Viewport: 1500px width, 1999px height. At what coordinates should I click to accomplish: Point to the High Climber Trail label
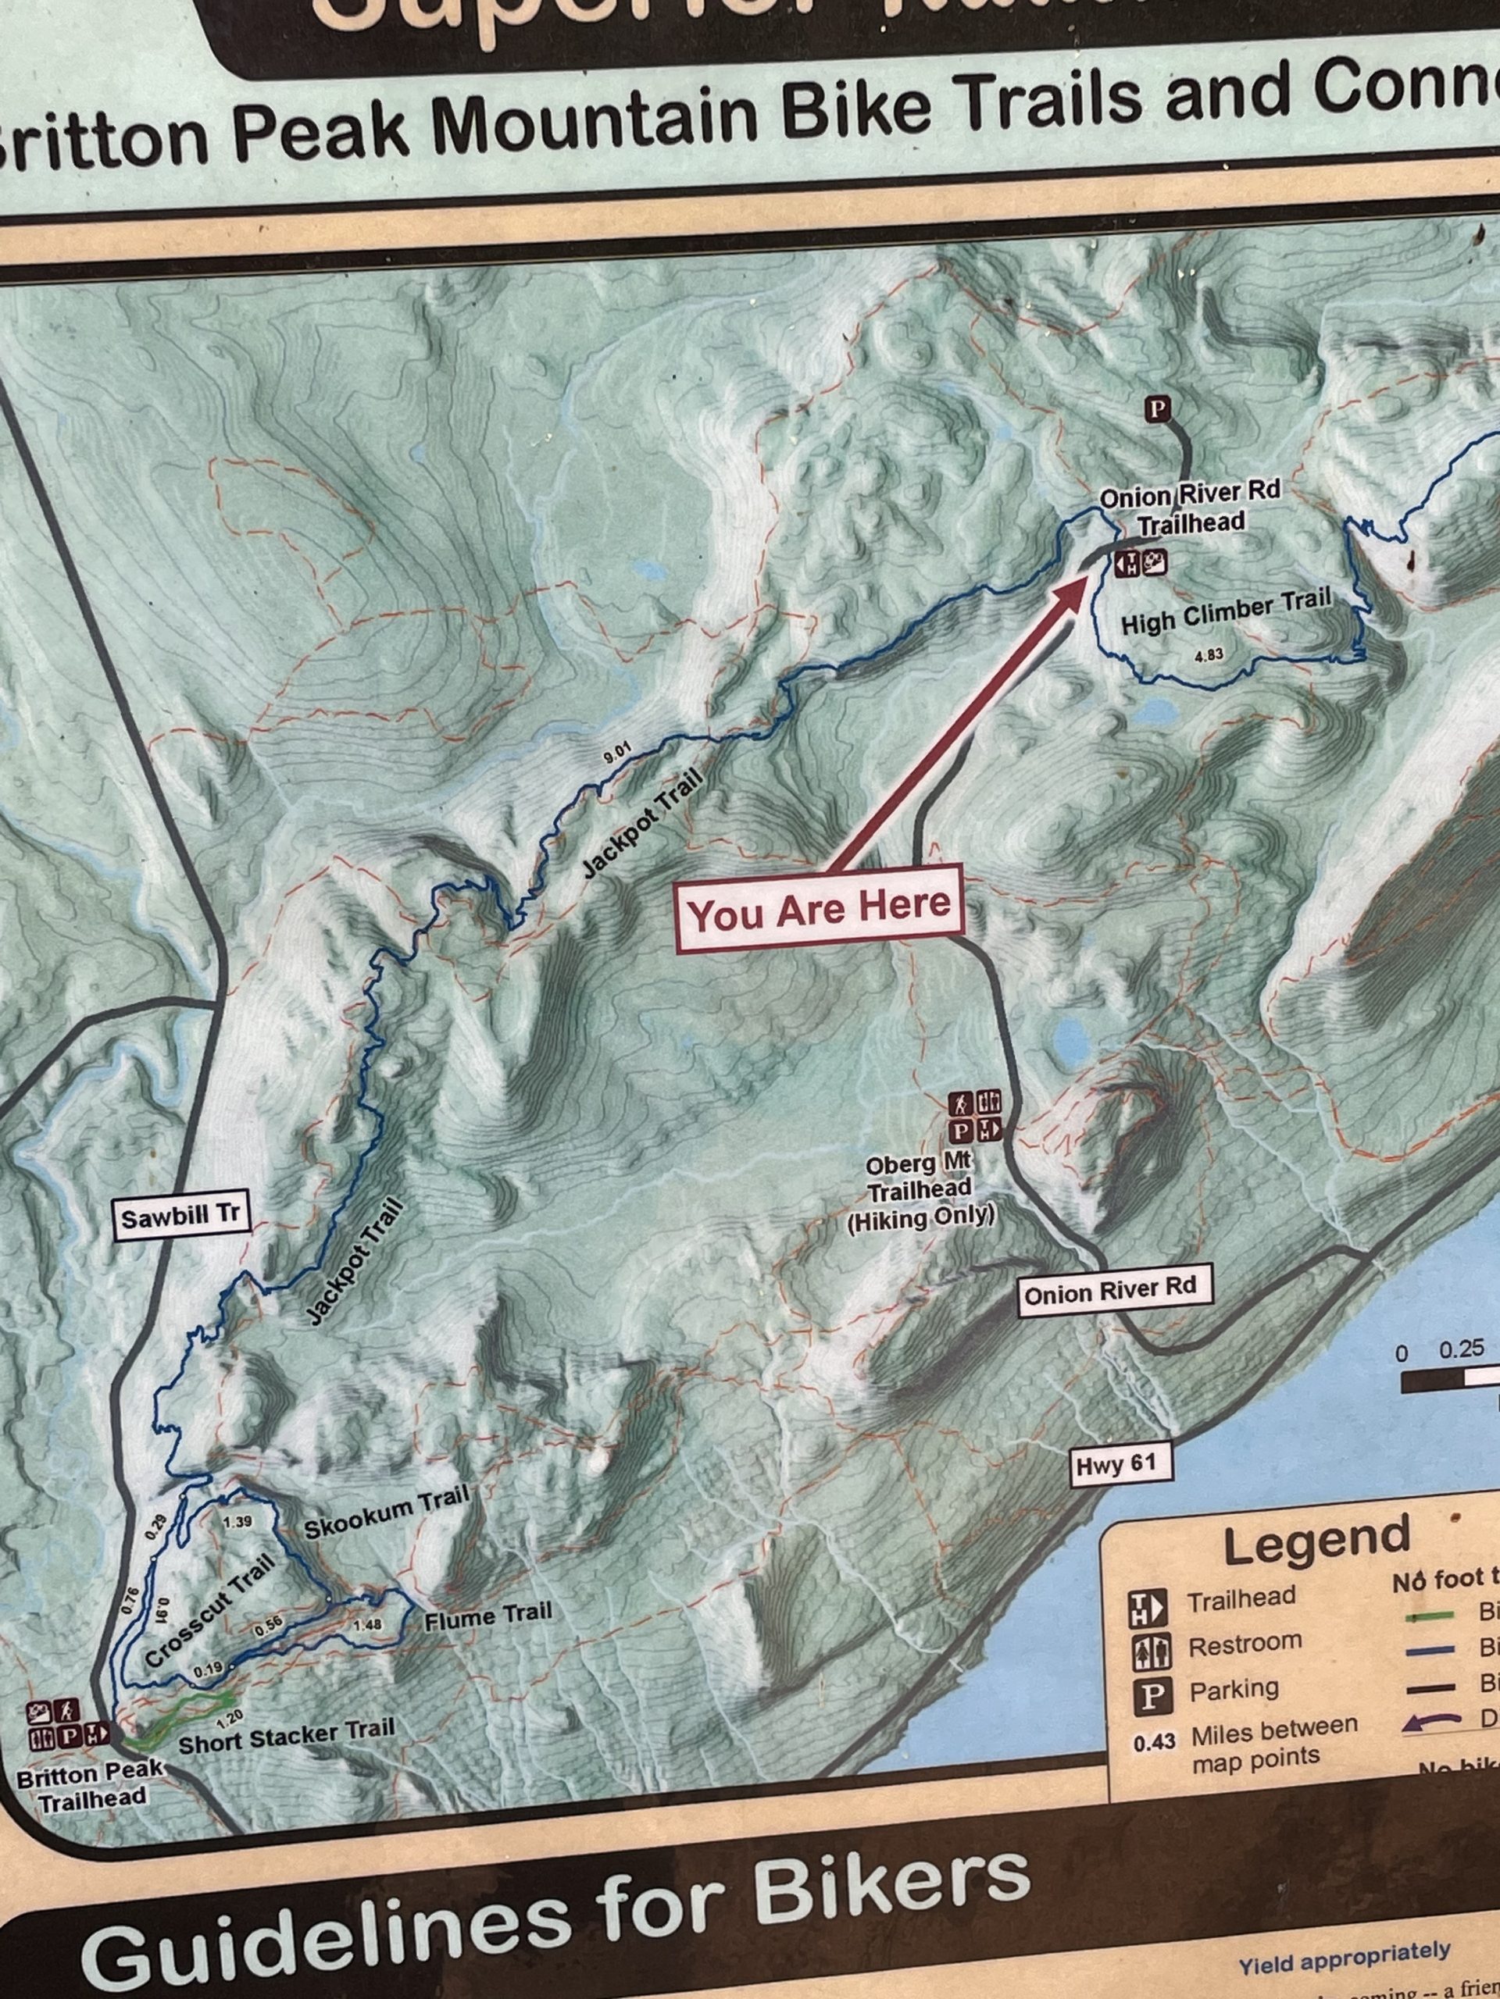pyautogui.click(x=1225, y=612)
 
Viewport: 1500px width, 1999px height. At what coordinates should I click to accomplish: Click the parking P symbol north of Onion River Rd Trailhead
pyautogui.click(x=1156, y=409)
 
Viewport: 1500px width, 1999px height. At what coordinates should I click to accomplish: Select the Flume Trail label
pyautogui.click(x=488, y=1615)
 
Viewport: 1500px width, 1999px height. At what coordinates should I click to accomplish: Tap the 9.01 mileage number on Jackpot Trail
pyautogui.click(x=616, y=752)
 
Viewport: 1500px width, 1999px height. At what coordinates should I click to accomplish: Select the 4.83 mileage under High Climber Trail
pyautogui.click(x=1209, y=654)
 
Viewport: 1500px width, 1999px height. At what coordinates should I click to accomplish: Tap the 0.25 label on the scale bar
pyautogui.click(x=1461, y=1349)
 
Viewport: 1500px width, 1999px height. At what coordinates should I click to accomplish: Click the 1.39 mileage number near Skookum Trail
pyautogui.click(x=237, y=1521)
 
